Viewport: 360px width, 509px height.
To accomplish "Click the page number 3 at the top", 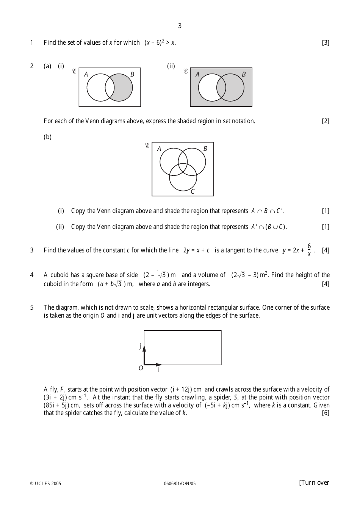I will coord(180,26).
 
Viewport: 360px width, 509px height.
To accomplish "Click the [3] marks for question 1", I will coord(326,42).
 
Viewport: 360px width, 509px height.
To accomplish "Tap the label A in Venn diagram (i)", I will coord(86,74).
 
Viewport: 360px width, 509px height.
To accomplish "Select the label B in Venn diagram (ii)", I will coord(244,74).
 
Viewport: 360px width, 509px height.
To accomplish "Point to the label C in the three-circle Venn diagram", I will coord(193,191).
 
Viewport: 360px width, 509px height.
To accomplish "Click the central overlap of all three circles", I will coord(183,168).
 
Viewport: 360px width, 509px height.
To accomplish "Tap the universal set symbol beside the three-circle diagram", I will coord(147,146).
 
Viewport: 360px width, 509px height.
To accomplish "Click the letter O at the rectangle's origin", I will coord(141,368).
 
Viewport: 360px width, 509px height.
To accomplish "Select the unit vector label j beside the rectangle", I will coord(140,345).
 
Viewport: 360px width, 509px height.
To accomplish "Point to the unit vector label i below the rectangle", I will coord(159,370).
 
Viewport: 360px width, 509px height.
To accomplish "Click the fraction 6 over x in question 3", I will coord(309,250).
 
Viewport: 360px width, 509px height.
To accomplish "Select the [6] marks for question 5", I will coord(326,413).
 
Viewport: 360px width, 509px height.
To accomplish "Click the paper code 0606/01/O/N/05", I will coord(180,483).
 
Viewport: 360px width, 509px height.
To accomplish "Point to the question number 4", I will coord(32,275).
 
